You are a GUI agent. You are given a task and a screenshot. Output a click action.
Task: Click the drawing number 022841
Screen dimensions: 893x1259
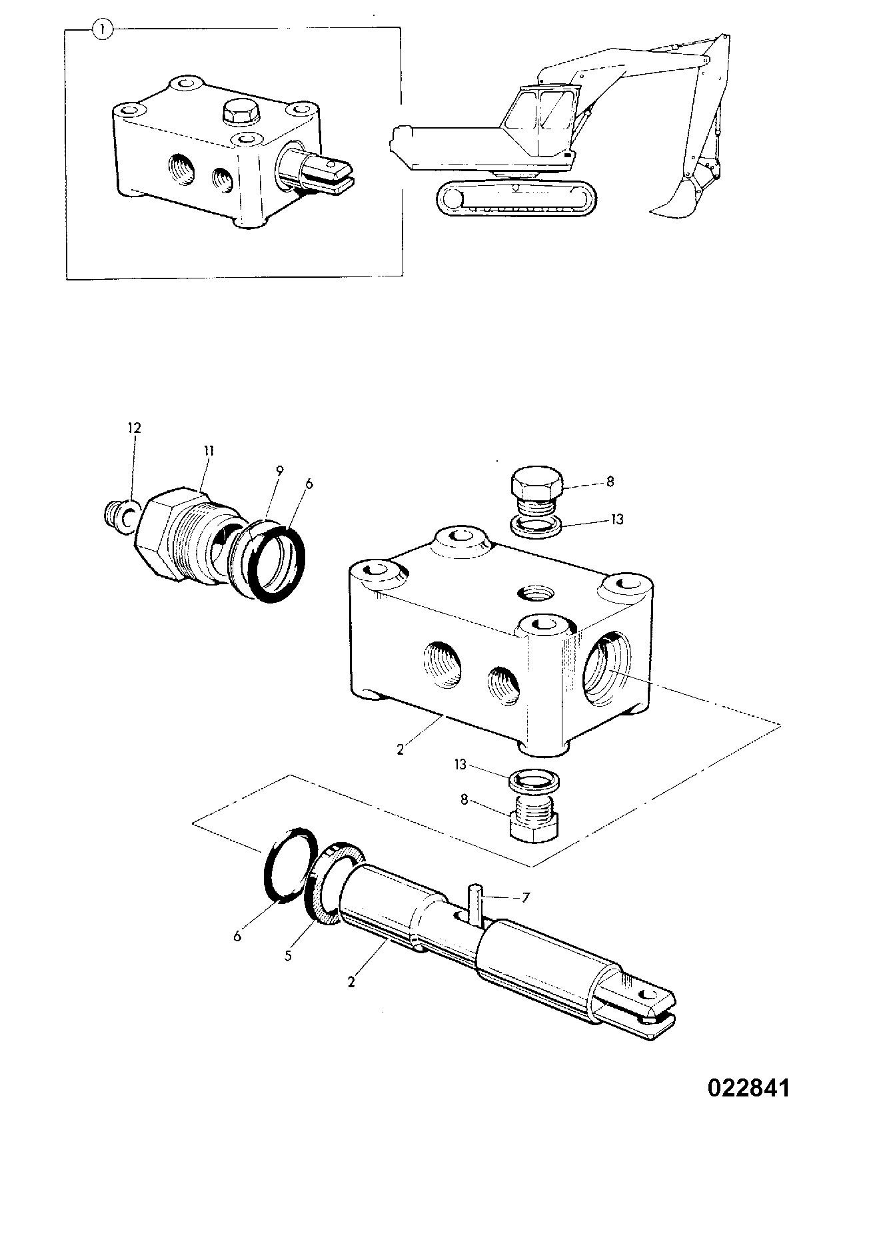748,1088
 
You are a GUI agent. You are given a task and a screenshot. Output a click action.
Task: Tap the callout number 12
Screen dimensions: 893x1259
134,428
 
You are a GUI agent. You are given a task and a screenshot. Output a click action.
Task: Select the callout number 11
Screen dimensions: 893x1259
208,450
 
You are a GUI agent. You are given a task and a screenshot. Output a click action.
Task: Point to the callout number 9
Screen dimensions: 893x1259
280,471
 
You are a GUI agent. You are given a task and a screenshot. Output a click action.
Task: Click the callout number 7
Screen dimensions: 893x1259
525,898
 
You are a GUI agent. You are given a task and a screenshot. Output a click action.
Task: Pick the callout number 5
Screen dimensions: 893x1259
288,955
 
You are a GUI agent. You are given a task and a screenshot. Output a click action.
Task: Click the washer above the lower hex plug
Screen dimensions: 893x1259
534,779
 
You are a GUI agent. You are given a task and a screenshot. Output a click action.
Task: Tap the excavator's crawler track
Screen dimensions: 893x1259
516,198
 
